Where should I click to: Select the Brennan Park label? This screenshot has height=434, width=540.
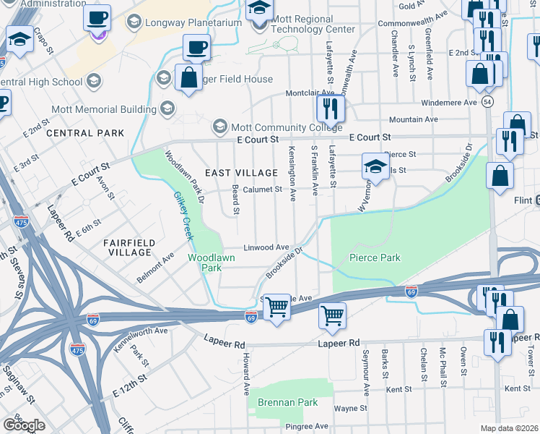pyautogui.click(x=278, y=401)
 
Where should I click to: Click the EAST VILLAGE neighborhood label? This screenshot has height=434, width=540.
pyautogui.click(x=241, y=173)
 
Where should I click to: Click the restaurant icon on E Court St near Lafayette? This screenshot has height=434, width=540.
pyautogui.click(x=331, y=109)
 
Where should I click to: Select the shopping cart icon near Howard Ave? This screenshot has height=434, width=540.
pyautogui.click(x=276, y=307)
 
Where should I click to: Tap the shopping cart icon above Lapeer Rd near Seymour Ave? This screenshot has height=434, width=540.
pyautogui.click(x=332, y=315)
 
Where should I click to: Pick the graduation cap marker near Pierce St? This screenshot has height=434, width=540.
pyautogui.click(x=375, y=167)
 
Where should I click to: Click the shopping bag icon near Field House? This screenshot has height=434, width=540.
pyautogui.click(x=188, y=77)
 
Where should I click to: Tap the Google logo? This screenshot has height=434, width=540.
pyautogui.click(x=24, y=425)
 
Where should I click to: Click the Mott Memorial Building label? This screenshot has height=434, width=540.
pyautogui.click(x=103, y=109)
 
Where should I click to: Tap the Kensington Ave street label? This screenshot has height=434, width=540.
pyautogui.click(x=292, y=177)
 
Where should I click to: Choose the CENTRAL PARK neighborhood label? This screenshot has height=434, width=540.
pyautogui.click(x=84, y=133)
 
